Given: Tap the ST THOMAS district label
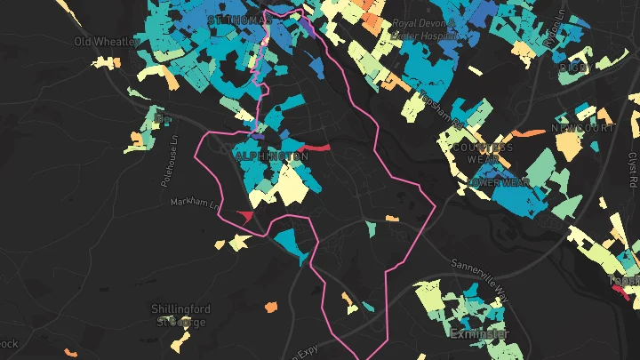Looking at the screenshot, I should [x=236, y=19].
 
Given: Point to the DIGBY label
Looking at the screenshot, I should [x=574, y=66].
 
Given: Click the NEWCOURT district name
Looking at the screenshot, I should [x=578, y=128].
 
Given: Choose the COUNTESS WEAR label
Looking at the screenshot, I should [x=483, y=154].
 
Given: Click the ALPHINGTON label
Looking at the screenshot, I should [x=272, y=156].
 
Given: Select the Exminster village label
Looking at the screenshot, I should [x=480, y=334].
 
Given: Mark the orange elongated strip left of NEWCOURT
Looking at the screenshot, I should [x=527, y=133].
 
